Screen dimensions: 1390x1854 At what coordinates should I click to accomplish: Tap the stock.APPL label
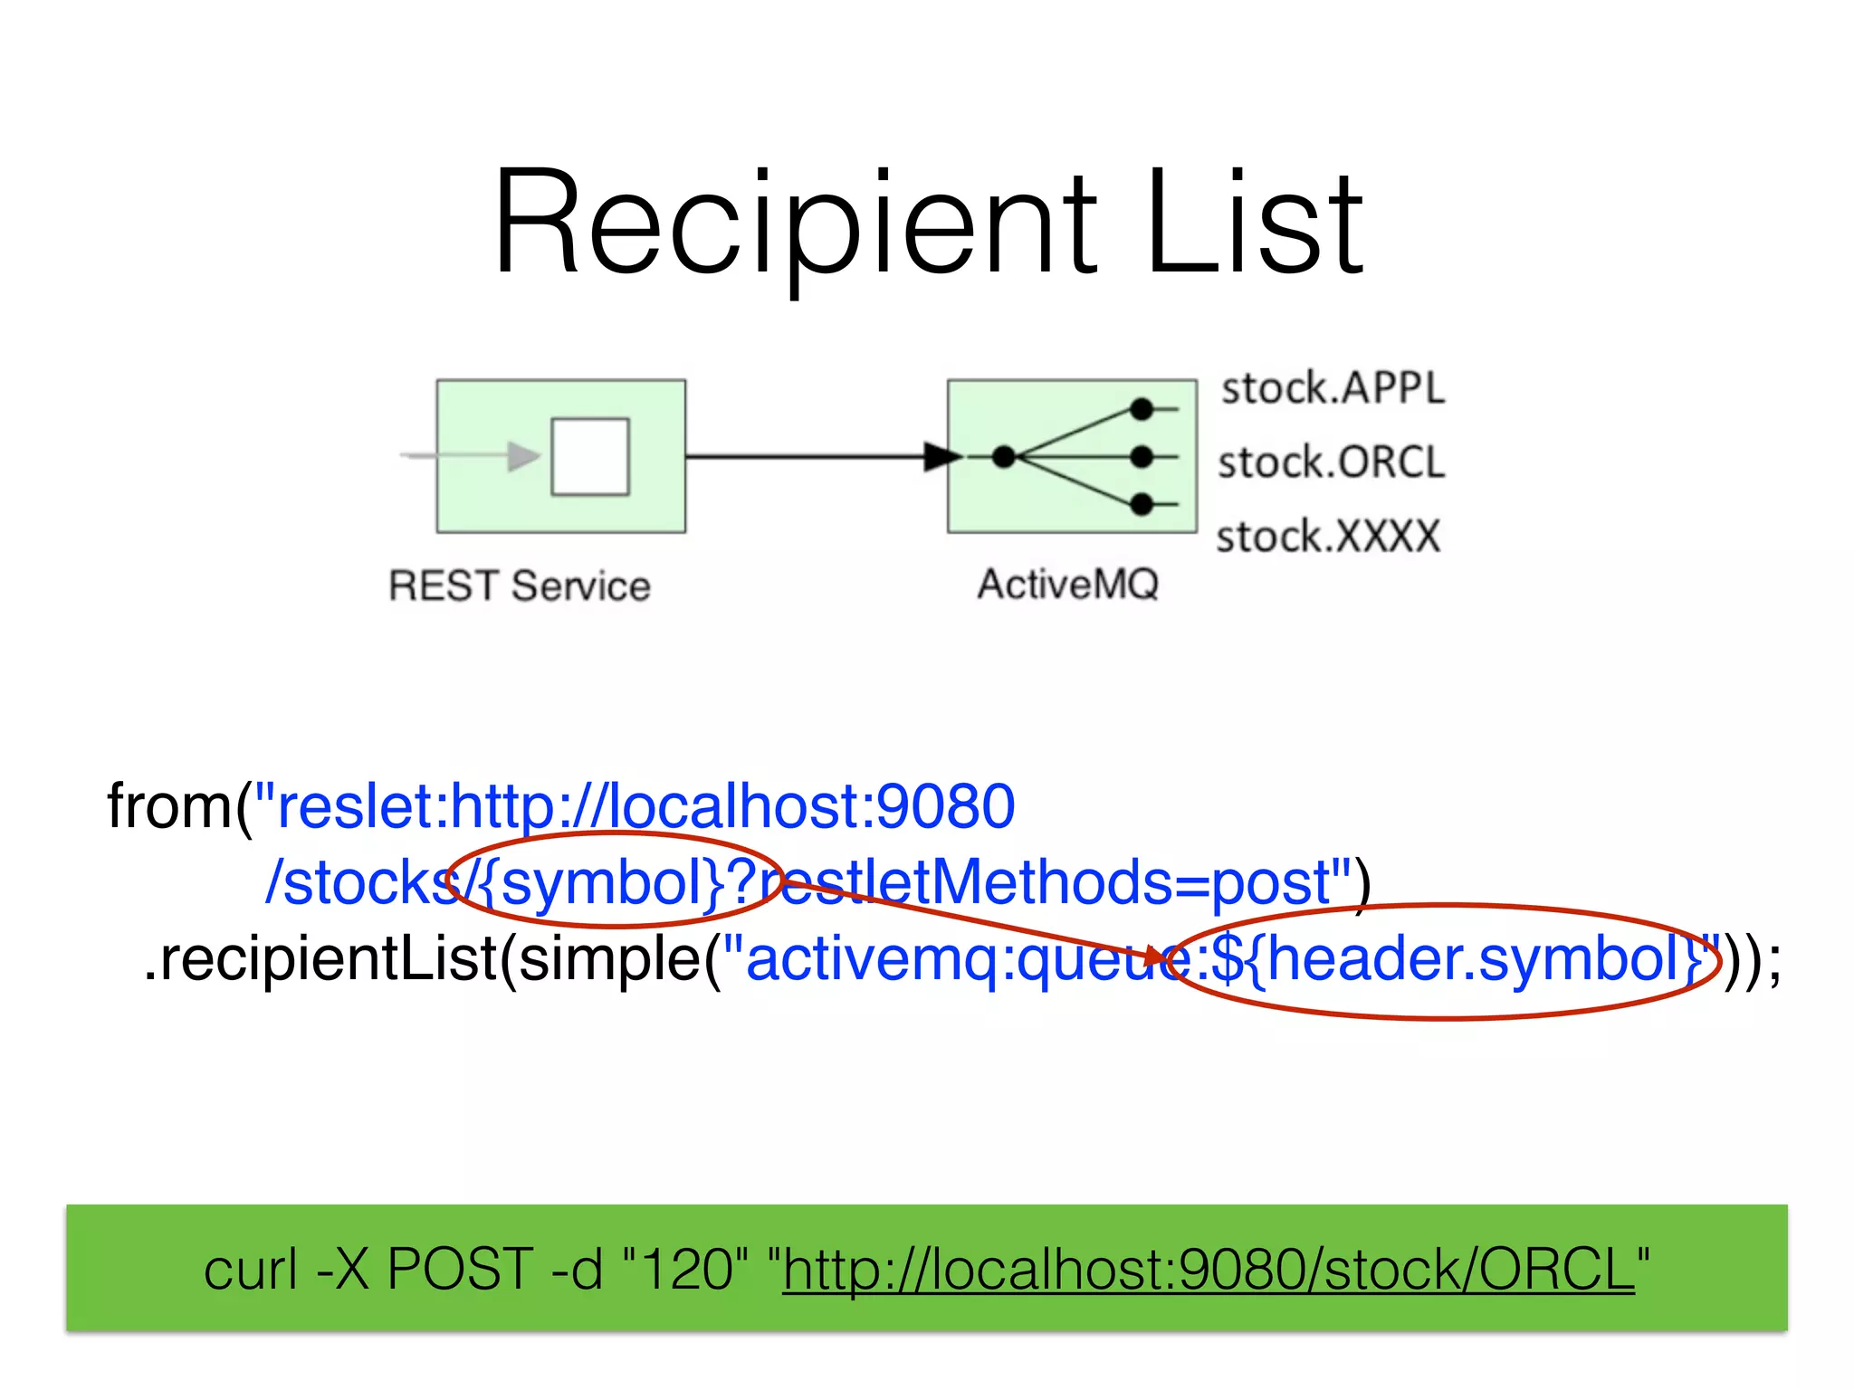(x=1333, y=389)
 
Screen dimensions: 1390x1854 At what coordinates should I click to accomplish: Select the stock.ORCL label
(x=1331, y=462)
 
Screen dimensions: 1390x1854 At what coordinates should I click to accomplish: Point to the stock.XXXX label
(x=1327, y=537)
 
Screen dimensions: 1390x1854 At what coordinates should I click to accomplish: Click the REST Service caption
(x=520, y=586)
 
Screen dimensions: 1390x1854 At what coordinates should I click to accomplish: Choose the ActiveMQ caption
(x=1068, y=584)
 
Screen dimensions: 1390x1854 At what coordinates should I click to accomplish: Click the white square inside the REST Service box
(x=590, y=457)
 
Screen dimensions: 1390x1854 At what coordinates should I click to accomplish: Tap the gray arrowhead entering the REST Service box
(x=522, y=456)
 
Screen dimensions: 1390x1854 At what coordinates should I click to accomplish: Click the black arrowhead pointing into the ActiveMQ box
(x=941, y=456)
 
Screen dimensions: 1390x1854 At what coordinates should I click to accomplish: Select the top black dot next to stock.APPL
(x=1142, y=410)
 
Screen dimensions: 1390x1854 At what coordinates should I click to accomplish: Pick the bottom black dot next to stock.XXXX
(x=1142, y=504)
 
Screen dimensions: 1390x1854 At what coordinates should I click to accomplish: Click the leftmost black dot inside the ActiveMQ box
(x=1004, y=457)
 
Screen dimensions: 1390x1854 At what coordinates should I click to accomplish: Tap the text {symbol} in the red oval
(x=612, y=882)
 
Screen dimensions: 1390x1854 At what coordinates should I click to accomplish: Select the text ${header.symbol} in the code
(x=1457, y=959)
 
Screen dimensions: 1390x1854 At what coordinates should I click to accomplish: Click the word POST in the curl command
(x=460, y=1269)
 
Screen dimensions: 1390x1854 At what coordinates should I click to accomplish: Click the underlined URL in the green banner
(x=1209, y=1269)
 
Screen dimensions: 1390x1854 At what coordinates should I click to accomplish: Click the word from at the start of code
(x=168, y=806)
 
